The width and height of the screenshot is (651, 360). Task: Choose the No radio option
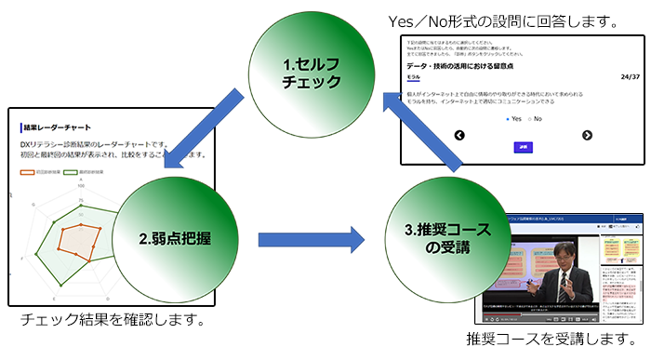(x=534, y=119)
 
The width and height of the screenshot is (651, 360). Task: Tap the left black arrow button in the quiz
(x=458, y=136)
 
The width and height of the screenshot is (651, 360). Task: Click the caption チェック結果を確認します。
(x=113, y=321)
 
